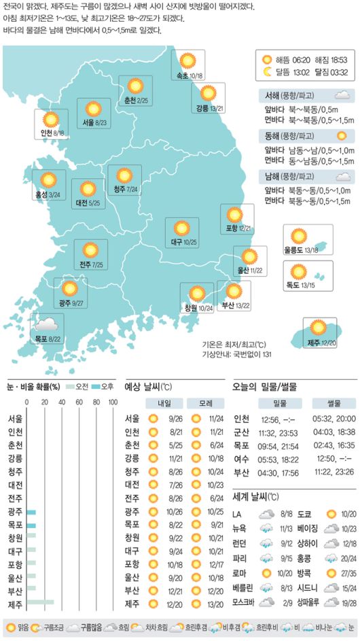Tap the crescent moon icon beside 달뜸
(268, 71)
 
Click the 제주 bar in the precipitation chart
(41, 602)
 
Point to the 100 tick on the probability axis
(112, 402)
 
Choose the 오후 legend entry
(103, 386)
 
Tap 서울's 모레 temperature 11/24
(216, 419)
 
